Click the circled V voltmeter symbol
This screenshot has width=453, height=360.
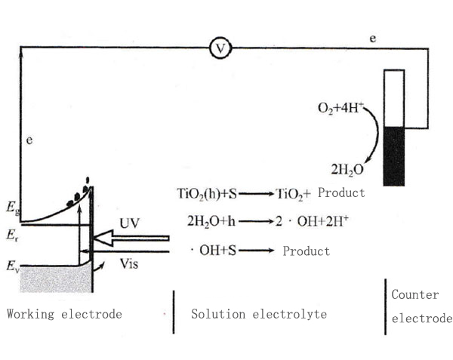[220, 48]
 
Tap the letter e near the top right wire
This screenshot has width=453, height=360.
[373, 38]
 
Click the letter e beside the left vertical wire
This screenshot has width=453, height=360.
[29, 140]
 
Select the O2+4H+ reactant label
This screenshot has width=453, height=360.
[341, 108]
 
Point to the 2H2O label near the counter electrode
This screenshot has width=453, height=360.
[347, 170]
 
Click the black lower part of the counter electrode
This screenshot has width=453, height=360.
[394, 156]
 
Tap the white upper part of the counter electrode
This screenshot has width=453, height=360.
[394, 98]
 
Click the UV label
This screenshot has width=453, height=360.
[129, 223]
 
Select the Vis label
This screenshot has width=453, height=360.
[129, 263]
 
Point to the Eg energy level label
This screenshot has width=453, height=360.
[13, 208]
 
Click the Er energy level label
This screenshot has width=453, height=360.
[12, 235]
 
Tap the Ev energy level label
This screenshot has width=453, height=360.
[13, 266]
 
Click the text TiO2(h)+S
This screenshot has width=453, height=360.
[207, 194]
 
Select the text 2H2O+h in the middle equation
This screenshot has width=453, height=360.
[211, 222]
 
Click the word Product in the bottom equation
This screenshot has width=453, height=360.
[307, 251]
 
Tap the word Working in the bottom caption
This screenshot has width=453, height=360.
[30, 315]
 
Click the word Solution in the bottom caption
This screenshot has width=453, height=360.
[218, 314]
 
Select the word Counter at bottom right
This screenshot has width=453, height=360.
[415, 295]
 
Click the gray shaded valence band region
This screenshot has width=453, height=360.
[55, 279]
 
